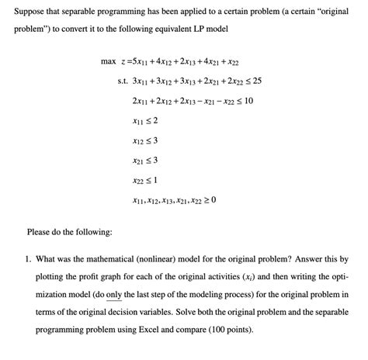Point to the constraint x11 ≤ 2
tap(146, 121)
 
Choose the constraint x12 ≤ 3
tap(146, 141)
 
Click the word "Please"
tap(40, 232)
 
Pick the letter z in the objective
tap(127, 61)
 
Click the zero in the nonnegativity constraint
tap(213, 200)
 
